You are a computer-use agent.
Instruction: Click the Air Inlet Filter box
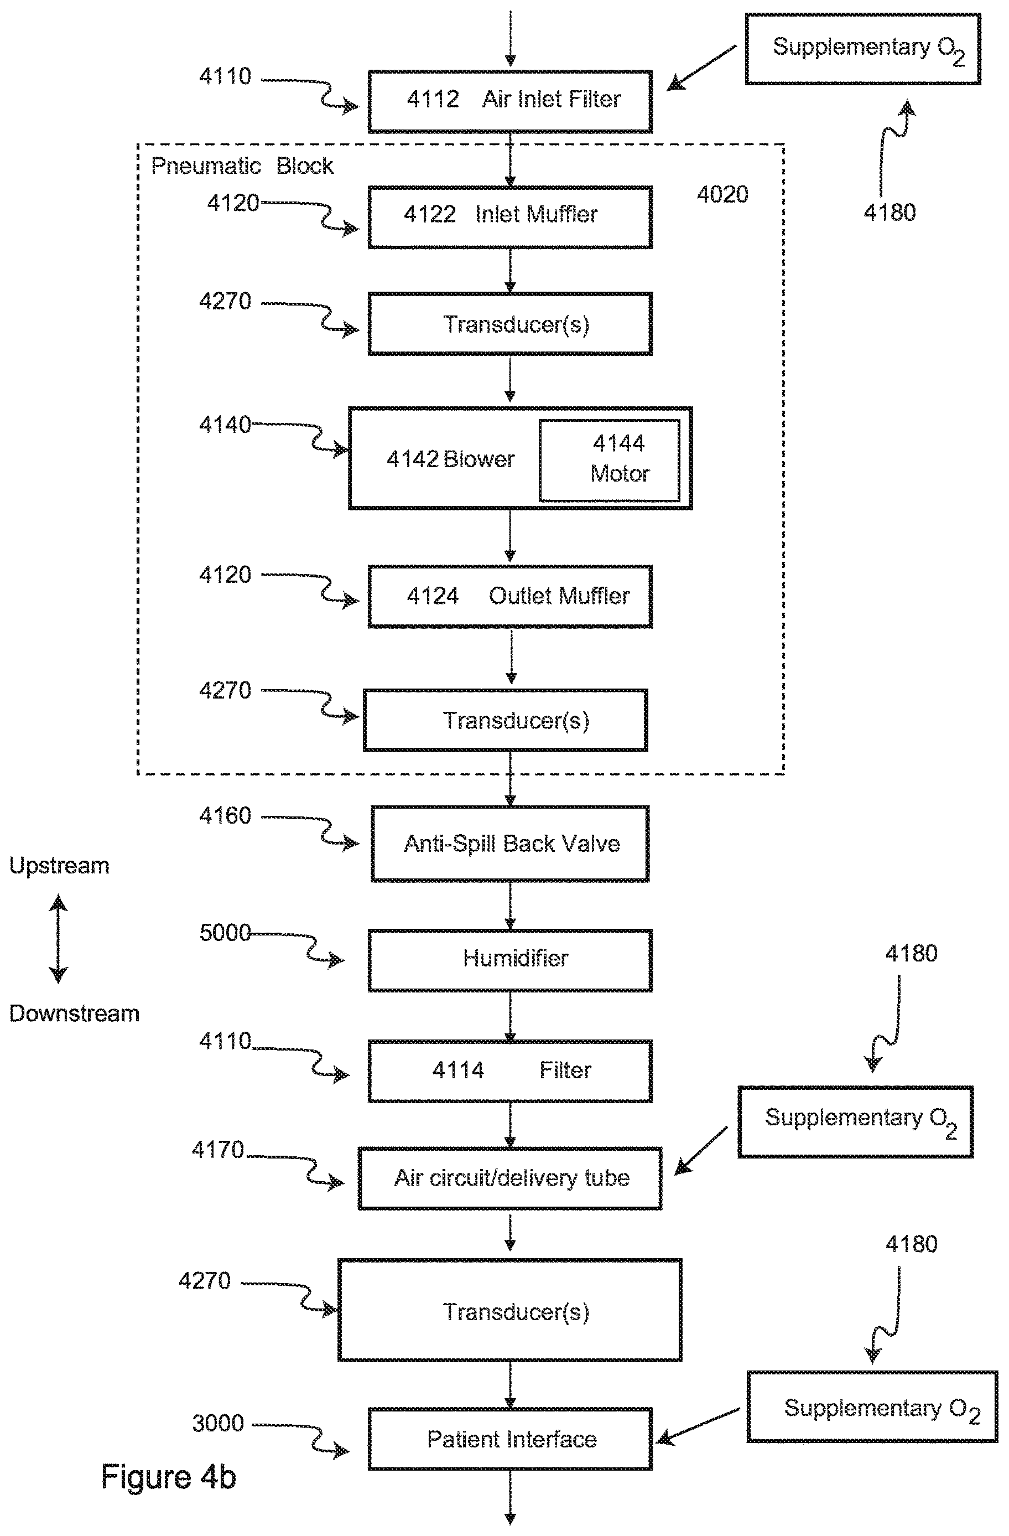(x=510, y=101)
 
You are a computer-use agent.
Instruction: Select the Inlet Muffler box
(x=510, y=218)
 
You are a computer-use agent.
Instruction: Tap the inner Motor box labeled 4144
(x=610, y=460)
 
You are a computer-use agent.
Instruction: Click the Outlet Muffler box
(x=510, y=596)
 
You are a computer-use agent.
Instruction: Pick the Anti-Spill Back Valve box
(x=510, y=844)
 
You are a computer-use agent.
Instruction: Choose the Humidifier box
(x=510, y=960)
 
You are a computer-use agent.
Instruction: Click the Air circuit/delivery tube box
(x=510, y=1178)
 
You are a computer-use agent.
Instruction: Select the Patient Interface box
(x=510, y=1439)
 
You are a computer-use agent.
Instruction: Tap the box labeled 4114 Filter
(x=510, y=1070)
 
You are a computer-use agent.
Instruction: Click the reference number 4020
(x=722, y=194)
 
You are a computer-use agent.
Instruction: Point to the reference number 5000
(x=225, y=933)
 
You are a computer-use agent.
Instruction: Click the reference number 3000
(x=218, y=1423)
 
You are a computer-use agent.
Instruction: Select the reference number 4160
(x=225, y=816)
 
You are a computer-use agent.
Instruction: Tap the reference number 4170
(x=218, y=1150)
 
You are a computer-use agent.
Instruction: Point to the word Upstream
(x=59, y=866)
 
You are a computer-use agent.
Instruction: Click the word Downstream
(x=74, y=1013)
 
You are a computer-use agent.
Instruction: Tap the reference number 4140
(x=225, y=425)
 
